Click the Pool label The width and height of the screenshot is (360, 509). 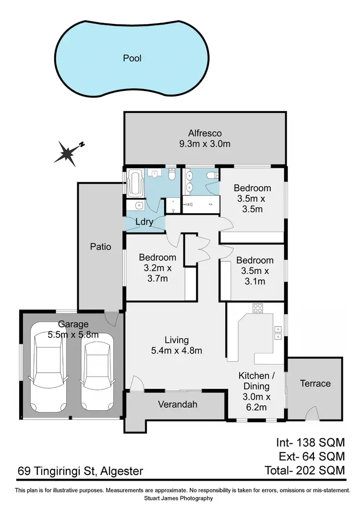coord(132,58)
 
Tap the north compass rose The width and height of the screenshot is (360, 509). coord(68,152)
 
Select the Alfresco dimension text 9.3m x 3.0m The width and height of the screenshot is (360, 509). coord(204,144)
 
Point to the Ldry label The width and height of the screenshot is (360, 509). coord(144,222)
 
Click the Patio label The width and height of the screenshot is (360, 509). coord(101,247)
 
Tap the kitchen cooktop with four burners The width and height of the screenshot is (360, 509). coord(258,308)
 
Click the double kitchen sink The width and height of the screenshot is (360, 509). coord(277,332)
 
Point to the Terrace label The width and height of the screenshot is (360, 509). coord(315,383)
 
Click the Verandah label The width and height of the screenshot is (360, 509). coord(178,404)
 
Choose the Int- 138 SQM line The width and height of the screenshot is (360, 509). coord(310,442)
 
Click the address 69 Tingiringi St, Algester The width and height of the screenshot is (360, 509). coord(80,471)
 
